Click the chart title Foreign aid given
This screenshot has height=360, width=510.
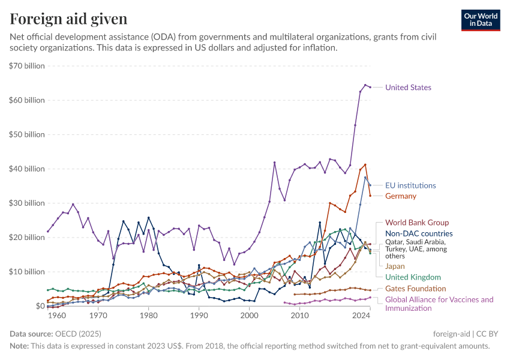68,19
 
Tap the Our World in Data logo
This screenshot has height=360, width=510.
481,20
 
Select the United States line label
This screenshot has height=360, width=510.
408,88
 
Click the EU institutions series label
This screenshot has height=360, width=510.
410,185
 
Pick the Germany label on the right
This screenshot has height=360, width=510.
400,196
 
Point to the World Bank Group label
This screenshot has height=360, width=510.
416,223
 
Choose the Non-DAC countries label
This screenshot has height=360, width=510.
418,234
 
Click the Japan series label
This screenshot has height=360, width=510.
395,266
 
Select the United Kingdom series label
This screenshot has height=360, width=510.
413,277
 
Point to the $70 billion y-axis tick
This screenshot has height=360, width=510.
26,66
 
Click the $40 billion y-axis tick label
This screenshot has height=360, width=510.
26,169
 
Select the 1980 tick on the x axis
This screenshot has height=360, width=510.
149,316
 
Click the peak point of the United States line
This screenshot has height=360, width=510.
365,85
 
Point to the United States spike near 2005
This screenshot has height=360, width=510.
274,163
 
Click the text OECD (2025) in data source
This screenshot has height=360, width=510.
79,334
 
